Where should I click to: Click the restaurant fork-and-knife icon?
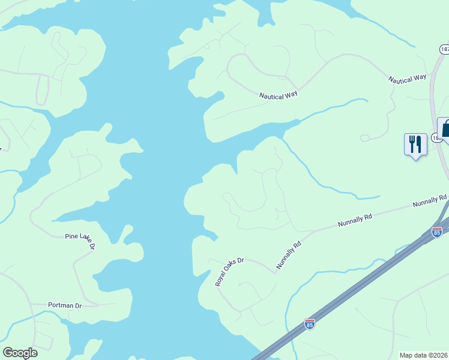(x=415, y=144)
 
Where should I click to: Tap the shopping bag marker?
(x=445, y=128)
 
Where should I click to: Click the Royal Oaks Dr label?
(x=230, y=272)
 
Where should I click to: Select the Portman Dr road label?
(x=65, y=305)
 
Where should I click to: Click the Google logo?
(x=20, y=353)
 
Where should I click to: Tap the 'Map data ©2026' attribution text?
(x=424, y=355)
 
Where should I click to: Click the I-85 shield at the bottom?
(x=310, y=324)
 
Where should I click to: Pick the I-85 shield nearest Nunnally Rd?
(x=437, y=232)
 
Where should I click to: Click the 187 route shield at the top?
(x=444, y=49)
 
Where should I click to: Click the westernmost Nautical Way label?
(x=279, y=95)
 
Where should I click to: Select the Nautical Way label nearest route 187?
(x=407, y=79)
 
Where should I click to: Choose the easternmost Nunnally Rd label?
(x=430, y=201)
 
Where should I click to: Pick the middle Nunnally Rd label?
(x=355, y=219)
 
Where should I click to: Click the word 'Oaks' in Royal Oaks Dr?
(x=231, y=270)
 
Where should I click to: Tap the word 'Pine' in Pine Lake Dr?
(x=71, y=237)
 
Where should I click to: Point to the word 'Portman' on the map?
(x=60, y=305)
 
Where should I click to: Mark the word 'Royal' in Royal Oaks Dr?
(x=221, y=278)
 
